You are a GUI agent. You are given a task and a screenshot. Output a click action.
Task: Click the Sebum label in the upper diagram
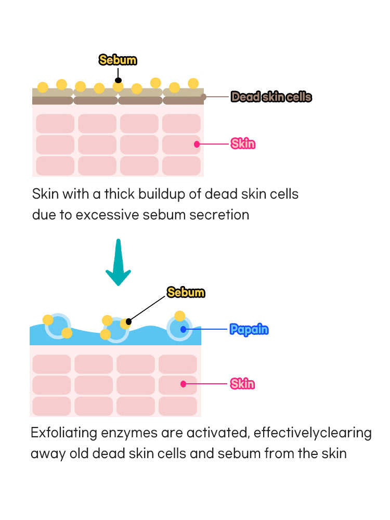point(118,60)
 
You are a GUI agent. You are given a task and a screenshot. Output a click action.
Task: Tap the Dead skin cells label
point(271,97)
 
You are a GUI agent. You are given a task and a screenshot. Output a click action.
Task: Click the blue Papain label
point(249,329)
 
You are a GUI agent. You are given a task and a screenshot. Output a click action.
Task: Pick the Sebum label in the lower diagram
point(186,292)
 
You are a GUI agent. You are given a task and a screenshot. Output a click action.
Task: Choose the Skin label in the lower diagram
point(242,384)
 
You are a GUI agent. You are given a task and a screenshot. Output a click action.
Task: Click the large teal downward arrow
point(119,263)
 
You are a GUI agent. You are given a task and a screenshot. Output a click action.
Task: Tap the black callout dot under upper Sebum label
point(118,80)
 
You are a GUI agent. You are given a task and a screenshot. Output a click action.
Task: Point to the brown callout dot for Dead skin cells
point(203,97)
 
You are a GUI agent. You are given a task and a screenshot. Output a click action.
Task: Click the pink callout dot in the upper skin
point(197,144)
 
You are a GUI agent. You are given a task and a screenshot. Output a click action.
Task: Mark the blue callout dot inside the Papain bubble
point(183,329)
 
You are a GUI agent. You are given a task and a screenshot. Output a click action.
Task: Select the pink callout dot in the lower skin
point(183,384)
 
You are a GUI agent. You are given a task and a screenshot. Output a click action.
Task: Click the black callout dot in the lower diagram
point(129,322)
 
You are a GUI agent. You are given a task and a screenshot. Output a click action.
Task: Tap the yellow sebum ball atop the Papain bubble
point(179,316)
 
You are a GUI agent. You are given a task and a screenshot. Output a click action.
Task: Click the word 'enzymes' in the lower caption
point(133,433)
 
